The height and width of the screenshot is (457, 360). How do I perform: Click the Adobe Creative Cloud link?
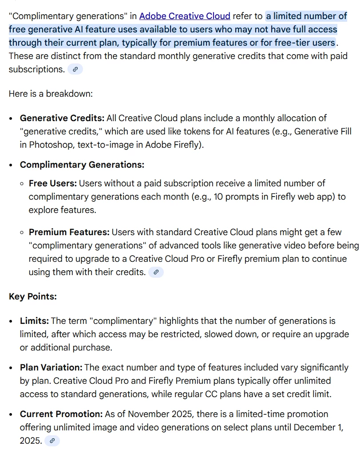pyautogui.click(x=185, y=16)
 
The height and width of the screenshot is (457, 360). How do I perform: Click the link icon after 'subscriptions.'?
pyautogui.click(x=75, y=70)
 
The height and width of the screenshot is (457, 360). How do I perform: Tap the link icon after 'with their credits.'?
pyautogui.click(x=155, y=272)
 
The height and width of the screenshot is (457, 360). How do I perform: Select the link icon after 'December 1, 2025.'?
pyautogui.click(x=52, y=441)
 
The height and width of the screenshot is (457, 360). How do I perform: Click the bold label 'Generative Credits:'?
pyautogui.click(x=62, y=118)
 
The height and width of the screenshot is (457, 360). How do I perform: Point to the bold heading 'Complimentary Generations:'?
pyautogui.click(x=82, y=165)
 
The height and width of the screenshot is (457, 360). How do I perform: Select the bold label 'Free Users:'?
pyautogui.click(x=53, y=183)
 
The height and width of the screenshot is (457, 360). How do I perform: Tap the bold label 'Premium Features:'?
pyautogui.click(x=69, y=232)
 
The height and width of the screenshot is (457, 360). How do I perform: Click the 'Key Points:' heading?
pyautogui.click(x=33, y=296)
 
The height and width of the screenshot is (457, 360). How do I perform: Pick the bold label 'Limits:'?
pyautogui.click(x=35, y=321)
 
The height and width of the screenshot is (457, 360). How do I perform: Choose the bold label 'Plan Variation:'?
pyautogui.click(x=51, y=367)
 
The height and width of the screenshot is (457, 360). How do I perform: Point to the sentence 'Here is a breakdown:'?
pyautogui.click(x=51, y=94)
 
